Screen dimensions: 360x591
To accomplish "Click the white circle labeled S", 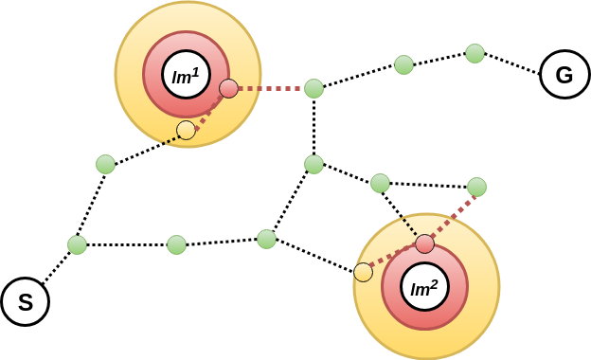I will [x=25, y=302].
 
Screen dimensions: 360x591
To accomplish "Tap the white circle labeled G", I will [x=564, y=75].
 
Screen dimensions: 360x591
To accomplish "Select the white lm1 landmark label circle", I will [x=186, y=75].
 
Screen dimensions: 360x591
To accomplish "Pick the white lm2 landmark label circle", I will [x=424, y=287].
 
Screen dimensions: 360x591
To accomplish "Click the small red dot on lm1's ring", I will [x=228, y=89].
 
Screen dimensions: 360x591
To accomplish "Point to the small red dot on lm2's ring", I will [x=424, y=243].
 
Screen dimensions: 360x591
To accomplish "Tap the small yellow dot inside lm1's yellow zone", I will [x=186, y=130].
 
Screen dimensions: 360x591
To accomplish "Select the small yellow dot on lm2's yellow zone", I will [x=363, y=273].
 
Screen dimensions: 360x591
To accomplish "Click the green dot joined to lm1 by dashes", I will [x=313, y=88].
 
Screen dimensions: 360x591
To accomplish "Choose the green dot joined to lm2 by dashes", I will [x=476, y=187].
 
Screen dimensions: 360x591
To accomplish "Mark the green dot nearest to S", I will [x=77, y=244].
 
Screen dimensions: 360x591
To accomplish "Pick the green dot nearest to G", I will [x=475, y=53].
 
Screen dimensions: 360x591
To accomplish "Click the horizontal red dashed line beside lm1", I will [x=271, y=89].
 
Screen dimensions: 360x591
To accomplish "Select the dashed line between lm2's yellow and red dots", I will [x=394, y=257].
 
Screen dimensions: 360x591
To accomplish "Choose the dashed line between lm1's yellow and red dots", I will [x=208, y=110].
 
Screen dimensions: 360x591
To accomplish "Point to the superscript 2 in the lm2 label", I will [x=434, y=281].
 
